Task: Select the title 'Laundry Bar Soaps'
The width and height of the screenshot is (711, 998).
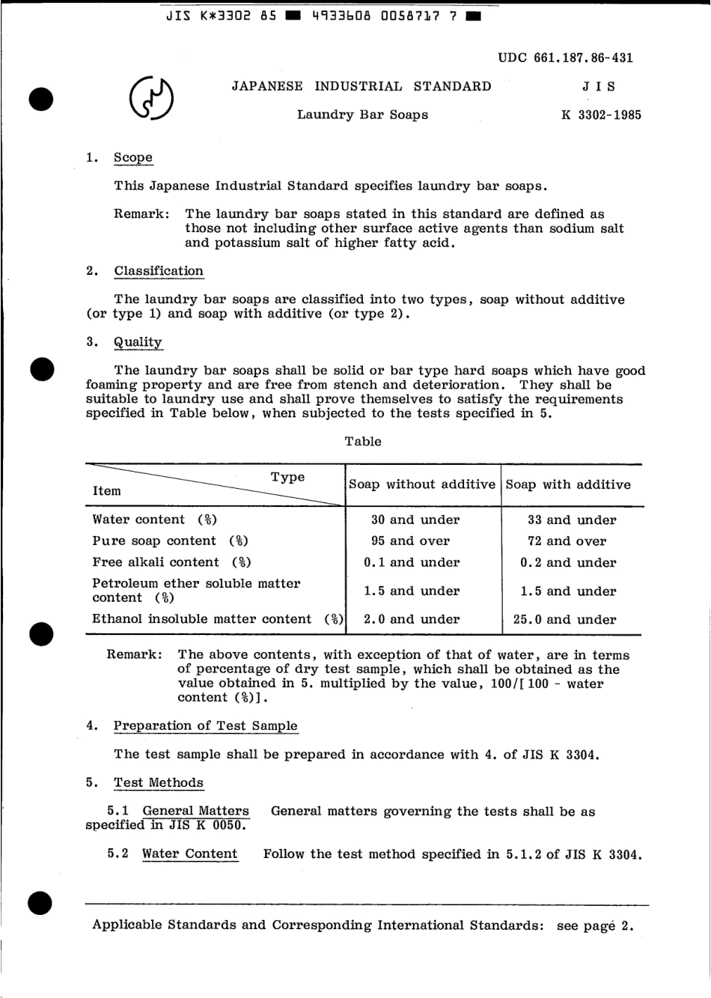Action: [x=362, y=115]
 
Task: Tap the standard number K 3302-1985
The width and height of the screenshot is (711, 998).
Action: [x=600, y=115]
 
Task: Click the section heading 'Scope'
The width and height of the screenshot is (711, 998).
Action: [x=133, y=157]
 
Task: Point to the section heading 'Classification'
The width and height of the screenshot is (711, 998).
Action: [x=159, y=271]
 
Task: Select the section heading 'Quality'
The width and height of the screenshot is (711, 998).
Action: [x=138, y=342]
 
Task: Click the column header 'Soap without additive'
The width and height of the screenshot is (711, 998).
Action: [x=422, y=484]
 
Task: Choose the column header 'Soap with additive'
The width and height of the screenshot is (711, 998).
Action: [x=568, y=484]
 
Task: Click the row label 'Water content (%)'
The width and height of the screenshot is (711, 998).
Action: [x=154, y=520]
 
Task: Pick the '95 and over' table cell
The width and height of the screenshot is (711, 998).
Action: [x=411, y=541]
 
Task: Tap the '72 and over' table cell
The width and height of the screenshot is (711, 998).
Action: [x=567, y=541]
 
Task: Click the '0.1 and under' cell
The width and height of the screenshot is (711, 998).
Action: [x=412, y=562]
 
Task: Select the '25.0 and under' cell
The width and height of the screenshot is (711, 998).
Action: [x=568, y=620]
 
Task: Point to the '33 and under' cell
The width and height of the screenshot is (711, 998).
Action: [x=572, y=520]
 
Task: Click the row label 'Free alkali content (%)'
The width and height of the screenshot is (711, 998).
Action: [x=171, y=562]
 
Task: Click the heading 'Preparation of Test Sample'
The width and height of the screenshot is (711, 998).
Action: [x=205, y=725]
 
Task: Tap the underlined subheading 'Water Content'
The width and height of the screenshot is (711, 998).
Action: [x=189, y=854]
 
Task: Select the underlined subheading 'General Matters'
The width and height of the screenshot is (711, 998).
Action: [x=195, y=811]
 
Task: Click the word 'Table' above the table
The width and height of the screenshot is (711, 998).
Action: [x=363, y=441]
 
